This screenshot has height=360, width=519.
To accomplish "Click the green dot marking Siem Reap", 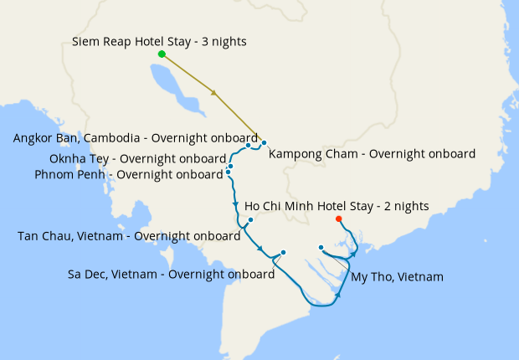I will pyautogui.click(x=162, y=54).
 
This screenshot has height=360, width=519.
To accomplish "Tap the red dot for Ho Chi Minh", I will pyautogui.click(x=338, y=219).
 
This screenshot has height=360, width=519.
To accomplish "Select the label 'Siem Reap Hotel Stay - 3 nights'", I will pyautogui.click(x=159, y=41).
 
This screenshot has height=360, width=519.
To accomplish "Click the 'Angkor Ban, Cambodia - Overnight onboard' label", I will pyautogui.click(x=136, y=138).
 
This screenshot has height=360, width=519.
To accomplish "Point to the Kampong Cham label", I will pyautogui.click(x=372, y=154).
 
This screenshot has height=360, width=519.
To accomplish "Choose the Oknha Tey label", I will pyautogui.click(x=138, y=159).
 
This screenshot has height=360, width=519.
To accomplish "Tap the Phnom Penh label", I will pyautogui.click(x=129, y=174).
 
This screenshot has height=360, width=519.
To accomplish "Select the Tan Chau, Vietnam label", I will pyautogui.click(x=129, y=236).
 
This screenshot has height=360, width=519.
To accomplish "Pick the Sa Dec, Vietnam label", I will pyautogui.click(x=171, y=274).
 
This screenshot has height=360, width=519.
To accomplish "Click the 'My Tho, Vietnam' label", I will pyautogui.click(x=397, y=276).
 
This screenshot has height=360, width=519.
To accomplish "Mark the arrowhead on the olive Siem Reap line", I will pyautogui.click(x=216, y=93).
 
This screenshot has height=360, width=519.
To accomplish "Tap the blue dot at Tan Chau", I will pyautogui.click(x=250, y=220).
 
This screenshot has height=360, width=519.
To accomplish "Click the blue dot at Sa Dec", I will pyautogui.click(x=284, y=252).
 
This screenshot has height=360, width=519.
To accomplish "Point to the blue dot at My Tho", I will pyautogui.click(x=321, y=247).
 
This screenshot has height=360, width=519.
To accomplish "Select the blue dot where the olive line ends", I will pyautogui.click(x=264, y=142).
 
